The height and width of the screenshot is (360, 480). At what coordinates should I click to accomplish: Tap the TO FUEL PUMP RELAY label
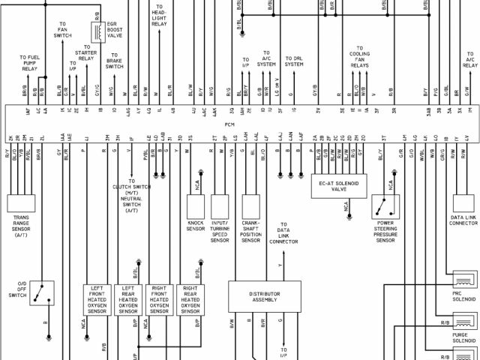click(x=30, y=62)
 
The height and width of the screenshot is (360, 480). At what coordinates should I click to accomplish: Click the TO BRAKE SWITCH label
click(x=114, y=61)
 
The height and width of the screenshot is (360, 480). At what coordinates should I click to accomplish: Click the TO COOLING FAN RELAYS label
click(x=359, y=55)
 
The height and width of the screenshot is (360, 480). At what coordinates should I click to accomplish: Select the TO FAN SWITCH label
click(x=62, y=30)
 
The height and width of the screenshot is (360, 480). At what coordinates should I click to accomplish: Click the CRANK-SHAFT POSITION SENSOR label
click(x=251, y=231)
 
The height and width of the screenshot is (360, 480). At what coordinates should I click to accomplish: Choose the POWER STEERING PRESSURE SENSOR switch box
click(x=385, y=207)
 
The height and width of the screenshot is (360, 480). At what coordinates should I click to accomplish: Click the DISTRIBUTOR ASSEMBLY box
click(x=265, y=295)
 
